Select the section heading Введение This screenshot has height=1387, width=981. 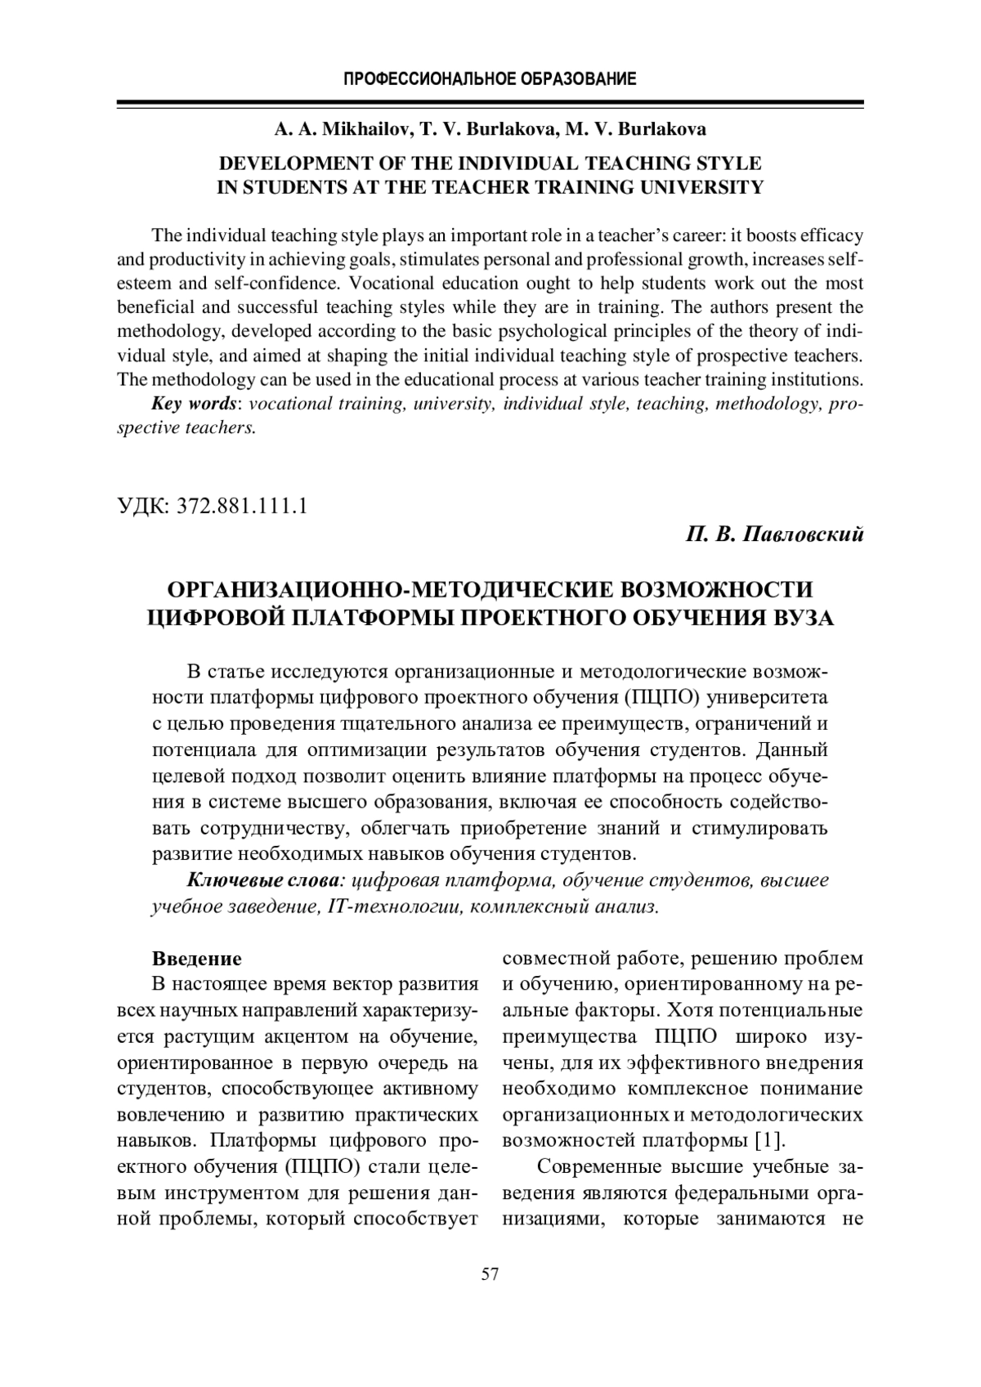pyautogui.click(x=197, y=959)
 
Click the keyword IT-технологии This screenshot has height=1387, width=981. pyautogui.click(x=395, y=906)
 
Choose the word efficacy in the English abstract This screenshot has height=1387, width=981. pyautogui.click(x=832, y=235)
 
